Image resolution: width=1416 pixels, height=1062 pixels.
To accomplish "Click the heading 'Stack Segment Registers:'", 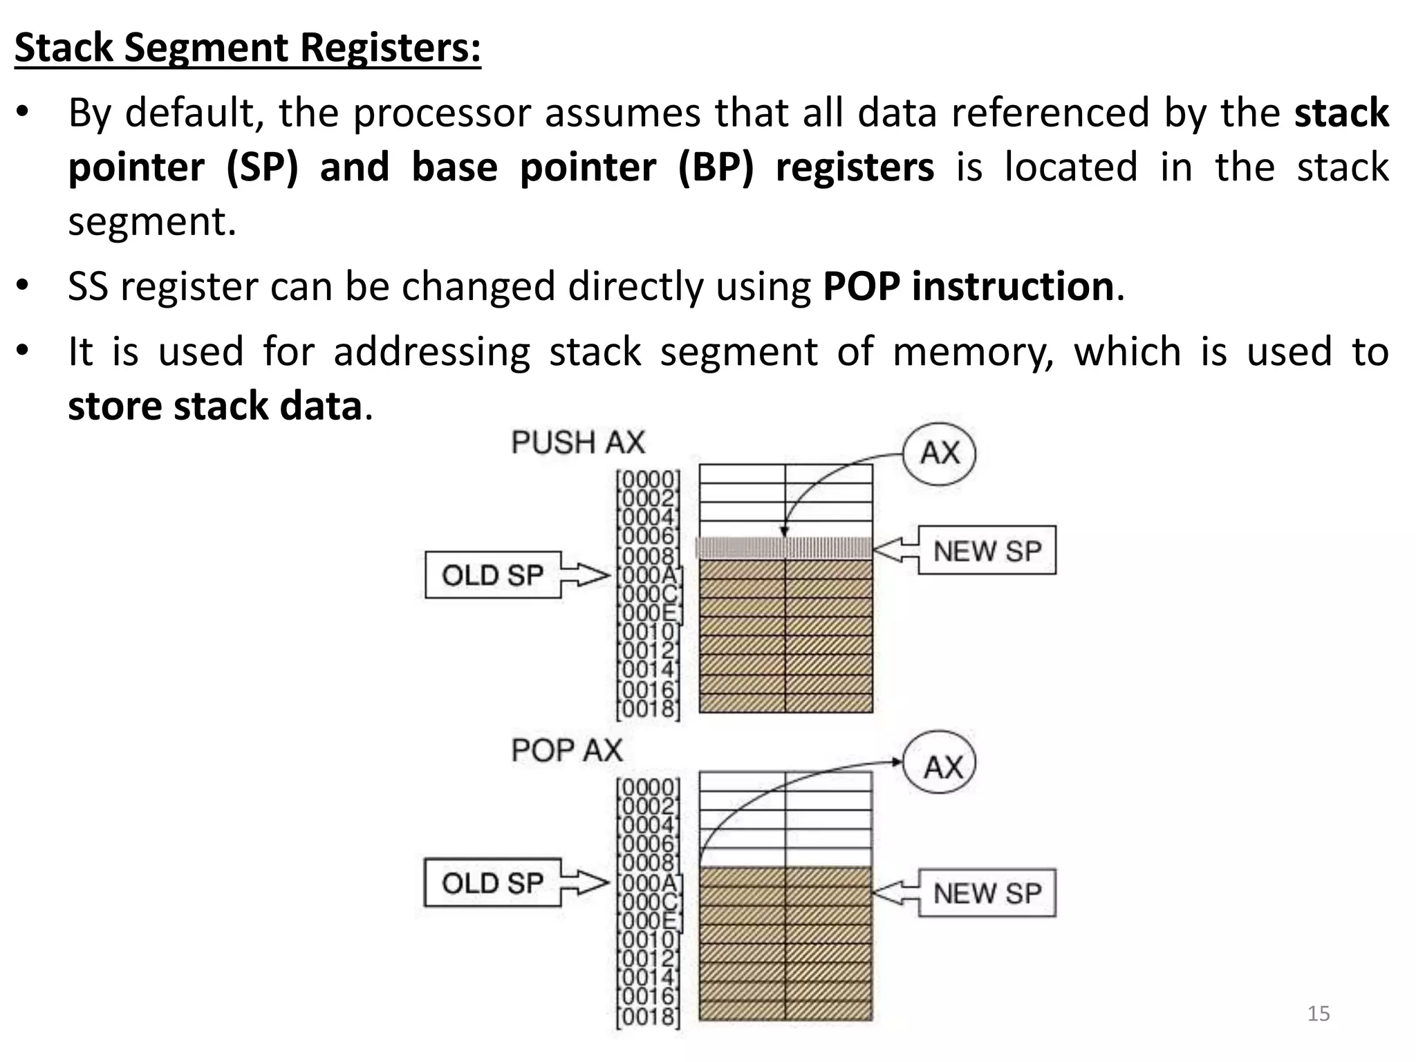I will (x=248, y=48).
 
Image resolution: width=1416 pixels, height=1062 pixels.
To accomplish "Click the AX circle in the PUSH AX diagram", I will (x=940, y=454).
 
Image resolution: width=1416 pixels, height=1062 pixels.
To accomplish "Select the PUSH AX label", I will (x=578, y=442).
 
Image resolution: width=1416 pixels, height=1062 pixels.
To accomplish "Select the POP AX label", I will (x=567, y=750).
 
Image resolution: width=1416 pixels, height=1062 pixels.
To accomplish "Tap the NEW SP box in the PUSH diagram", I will (x=987, y=551).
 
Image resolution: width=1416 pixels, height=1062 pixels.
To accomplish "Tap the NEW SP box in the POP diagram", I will (x=987, y=893).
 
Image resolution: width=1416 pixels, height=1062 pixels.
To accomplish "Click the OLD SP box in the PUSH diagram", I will (x=492, y=575).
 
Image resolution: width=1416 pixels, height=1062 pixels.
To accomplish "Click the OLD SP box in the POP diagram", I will (x=492, y=883).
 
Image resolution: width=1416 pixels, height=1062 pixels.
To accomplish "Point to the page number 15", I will (x=1319, y=1014).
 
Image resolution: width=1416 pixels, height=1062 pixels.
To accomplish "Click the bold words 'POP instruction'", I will (x=968, y=286).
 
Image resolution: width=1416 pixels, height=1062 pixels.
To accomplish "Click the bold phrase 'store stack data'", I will (x=215, y=406).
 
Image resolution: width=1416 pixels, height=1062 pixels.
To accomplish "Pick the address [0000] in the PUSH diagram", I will (x=648, y=478).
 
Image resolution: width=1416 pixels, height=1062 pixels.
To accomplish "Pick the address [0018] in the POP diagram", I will (x=648, y=1016).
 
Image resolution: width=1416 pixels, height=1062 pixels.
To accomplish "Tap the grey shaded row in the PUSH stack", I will (x=785, y=548).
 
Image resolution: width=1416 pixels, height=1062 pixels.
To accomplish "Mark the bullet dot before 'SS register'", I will (x=23, y=285).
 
